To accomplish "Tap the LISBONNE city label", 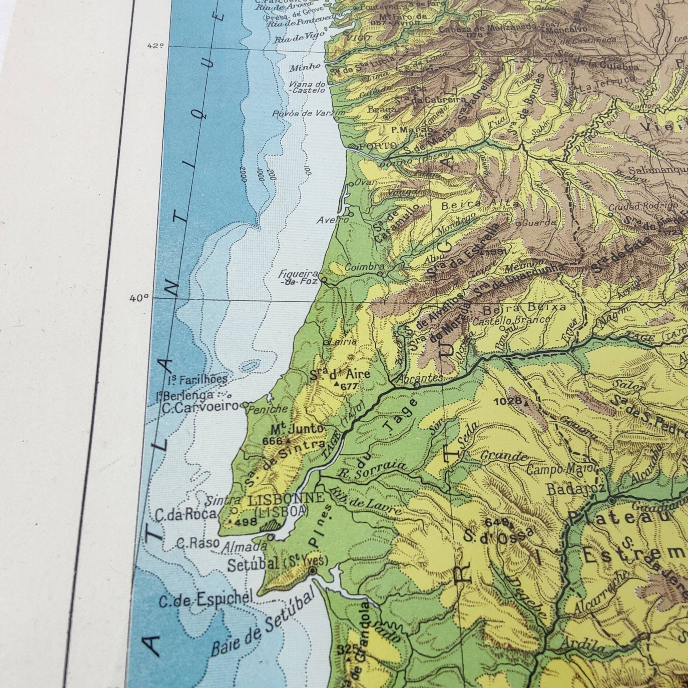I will [x=286, y=499].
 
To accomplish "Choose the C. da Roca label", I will [x=185, y=514].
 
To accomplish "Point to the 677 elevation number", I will [x=349, y=386].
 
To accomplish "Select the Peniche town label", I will [x=269, y=409].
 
